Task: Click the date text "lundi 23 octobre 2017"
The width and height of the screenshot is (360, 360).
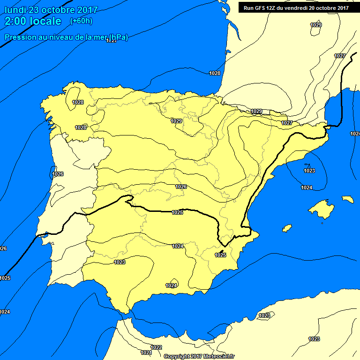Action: coord(51,10)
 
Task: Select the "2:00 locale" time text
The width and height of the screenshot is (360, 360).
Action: coord(33,21)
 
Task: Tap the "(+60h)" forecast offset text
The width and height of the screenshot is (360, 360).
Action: coord(81,21)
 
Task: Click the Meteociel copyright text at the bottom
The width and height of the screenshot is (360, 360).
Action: coord(199,356)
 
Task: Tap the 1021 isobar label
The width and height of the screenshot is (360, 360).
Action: coord(146,352)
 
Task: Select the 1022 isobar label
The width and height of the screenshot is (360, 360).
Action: coord(157,347)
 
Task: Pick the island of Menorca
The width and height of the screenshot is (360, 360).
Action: coord(347,199)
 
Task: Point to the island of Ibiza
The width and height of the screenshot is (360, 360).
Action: coord(287,228)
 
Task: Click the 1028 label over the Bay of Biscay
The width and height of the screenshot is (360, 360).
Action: coord(215,73)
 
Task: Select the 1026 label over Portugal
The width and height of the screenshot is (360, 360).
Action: coord(58,174)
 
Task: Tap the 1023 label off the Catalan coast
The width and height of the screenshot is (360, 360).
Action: coord(309,171)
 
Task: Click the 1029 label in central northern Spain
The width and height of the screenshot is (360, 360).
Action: coord(176,121)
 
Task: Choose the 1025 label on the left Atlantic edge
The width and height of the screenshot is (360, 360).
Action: coord(5,278)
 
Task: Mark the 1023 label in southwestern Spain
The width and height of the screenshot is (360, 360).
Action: coord(120,262)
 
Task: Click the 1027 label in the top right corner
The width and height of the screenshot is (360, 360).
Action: coord(340,56)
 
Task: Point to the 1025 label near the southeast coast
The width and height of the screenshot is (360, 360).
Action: coord(220,255)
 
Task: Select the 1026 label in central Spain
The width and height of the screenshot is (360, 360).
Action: coord(181,187)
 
